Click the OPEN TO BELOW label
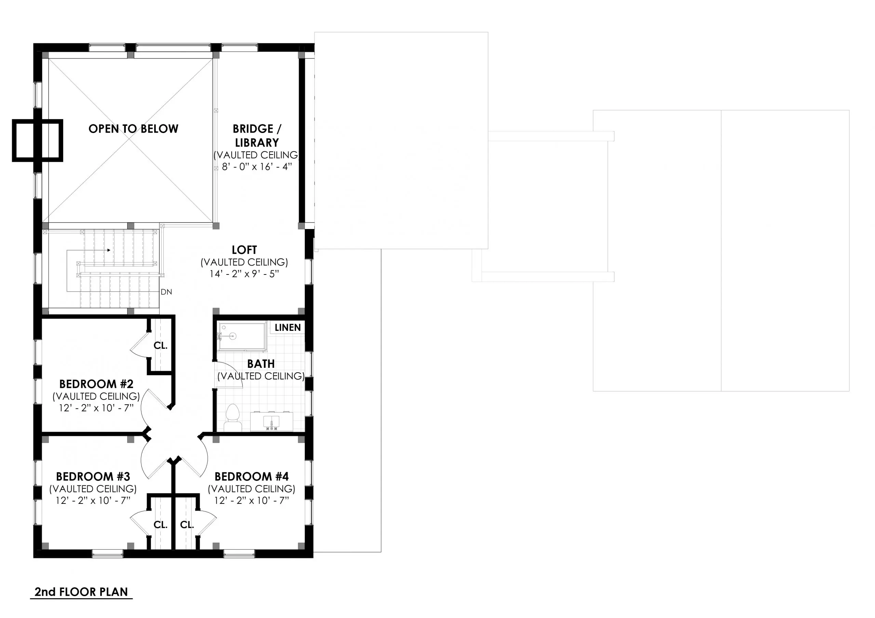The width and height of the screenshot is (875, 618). click(x=133, y=129)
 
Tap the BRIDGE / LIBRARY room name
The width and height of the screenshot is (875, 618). click(x=256, y=136)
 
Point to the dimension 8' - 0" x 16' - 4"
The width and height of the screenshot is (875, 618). click(x=257, y=167)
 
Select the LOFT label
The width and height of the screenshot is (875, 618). click(x=244, y=250)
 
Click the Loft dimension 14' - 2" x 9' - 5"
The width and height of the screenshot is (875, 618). click(x=244, y=274)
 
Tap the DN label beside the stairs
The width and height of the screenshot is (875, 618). click(x=166, y=292)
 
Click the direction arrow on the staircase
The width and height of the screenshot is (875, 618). click(x=109, y=250)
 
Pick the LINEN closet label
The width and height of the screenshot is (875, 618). click(x=287, y=328)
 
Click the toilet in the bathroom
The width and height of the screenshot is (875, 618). click(x=232, y=418)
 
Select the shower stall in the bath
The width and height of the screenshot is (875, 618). click(x=242, y=337)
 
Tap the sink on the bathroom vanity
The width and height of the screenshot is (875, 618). click(x=271, y=421)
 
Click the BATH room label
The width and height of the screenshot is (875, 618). click(x=261, y=364)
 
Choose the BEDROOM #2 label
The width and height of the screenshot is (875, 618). click(x=96, y=384)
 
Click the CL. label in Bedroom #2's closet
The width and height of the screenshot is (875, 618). click(x=160, y=346)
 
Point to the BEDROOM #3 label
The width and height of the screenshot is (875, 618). click(x=93, y=476)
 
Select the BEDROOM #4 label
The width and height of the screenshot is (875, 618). click(x=252, y=476)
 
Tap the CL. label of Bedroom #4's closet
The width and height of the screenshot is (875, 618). click(x=187, y=525)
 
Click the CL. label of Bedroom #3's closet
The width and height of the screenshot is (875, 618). click(x=160, y=525)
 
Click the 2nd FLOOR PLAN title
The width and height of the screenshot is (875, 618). click(x=81, y=592)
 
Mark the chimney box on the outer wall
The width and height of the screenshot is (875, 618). click(x=37, y=140)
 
